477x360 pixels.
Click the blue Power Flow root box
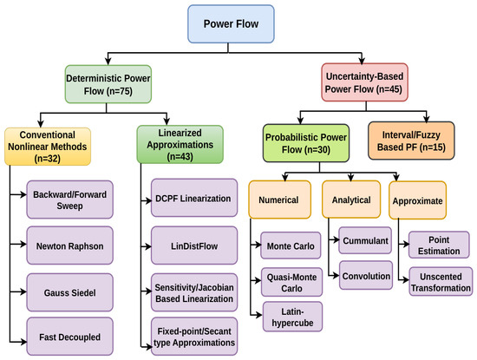tap(231, 23)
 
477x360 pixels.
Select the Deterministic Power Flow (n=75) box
tap(108, 84)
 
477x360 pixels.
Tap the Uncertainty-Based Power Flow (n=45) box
tap(364, 82)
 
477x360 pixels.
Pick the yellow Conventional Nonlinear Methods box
tap(48, 147)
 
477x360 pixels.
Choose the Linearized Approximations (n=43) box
tap(180, 145)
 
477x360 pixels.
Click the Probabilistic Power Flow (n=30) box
tap(306, 143)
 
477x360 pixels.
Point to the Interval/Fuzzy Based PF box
tap(411, 141)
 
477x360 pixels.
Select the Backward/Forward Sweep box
tap(69, 200)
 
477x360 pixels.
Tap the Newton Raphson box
tap(69, 245)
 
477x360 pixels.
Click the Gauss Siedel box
tap(69, 292)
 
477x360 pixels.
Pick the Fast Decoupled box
tap(69, 337)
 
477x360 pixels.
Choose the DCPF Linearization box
tap(194, 198)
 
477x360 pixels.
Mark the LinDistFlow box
tap(194, 245)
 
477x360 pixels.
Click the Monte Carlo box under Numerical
tap(291, 245)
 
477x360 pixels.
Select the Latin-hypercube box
tap(292, 317)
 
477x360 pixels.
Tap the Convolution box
tap(366, 275)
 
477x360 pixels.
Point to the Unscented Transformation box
tap(441, 281)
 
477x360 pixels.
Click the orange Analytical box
tap(351, 200)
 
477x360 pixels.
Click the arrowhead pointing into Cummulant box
tap(337, 240)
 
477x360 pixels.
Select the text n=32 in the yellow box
tap(48, 159)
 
